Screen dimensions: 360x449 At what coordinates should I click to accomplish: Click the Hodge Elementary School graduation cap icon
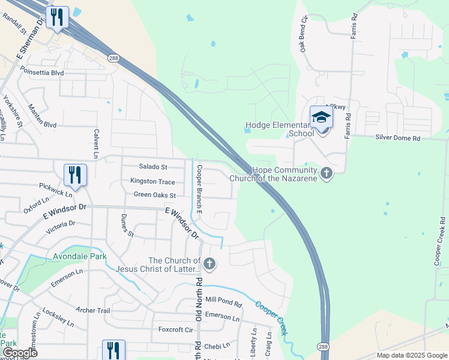pos(321,116)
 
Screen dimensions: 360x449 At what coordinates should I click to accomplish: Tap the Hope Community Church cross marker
pos(327,174)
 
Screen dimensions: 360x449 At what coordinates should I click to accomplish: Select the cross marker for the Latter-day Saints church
pos(209,263)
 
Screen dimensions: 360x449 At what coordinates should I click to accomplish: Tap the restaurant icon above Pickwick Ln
pos(76,175)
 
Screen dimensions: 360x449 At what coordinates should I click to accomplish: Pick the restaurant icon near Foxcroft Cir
pos(113,350)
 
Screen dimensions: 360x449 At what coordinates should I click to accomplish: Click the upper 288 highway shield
pos(113,58)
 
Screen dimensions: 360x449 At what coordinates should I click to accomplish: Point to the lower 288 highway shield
pos(323,347)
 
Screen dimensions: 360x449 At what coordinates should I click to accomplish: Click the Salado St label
pos(152,167)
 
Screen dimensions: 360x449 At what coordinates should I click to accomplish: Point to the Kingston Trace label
pos(152,181)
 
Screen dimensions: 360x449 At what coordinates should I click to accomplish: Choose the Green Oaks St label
pos(154,195)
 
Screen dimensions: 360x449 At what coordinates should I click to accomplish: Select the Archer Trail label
pos(93,310)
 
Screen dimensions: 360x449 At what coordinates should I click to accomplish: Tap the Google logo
pos(20,352)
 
